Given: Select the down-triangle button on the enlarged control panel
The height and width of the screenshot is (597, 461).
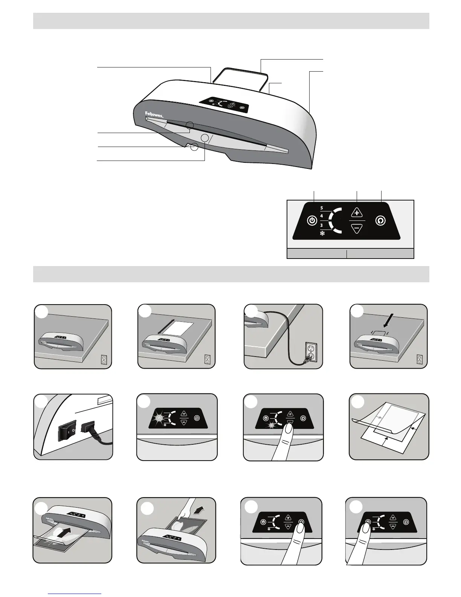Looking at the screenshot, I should click(357, 228).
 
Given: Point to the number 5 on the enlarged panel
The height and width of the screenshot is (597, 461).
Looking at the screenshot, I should click(322, 208).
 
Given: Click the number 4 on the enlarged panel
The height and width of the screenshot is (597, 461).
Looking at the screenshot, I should click(322, 216).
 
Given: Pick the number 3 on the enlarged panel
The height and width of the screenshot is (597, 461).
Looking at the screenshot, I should click(322, 225).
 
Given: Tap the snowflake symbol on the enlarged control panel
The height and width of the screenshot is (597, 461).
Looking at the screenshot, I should click(322, 234).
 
